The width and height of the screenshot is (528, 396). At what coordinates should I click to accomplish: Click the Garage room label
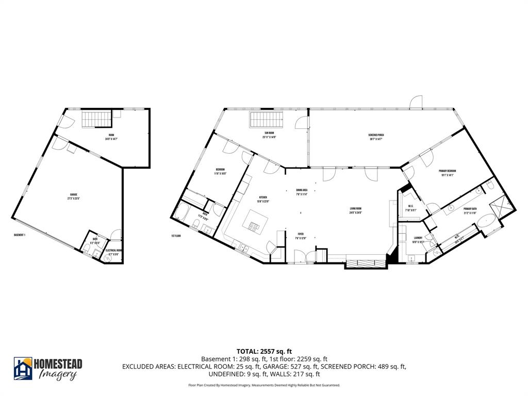tap(74, 194)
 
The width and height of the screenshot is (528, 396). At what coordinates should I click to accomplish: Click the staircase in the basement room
tap(96, 120)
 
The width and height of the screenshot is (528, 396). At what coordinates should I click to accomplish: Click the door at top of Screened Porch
tap(416, 103)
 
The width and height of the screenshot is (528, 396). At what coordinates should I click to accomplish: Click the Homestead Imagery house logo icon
tap(23, 368)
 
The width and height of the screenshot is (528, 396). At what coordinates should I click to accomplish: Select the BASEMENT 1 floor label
tap(20, 235)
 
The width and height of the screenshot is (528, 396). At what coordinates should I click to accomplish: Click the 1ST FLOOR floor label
tap(176, 236)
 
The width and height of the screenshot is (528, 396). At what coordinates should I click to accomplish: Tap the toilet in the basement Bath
tap(88, 252)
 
